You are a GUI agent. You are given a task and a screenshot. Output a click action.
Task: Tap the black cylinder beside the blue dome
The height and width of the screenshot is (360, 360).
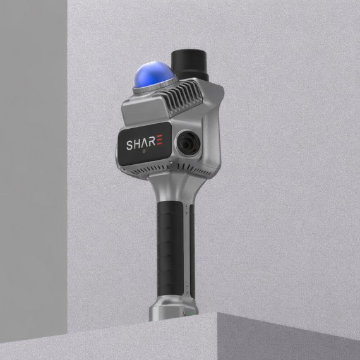click(x=189, y=65)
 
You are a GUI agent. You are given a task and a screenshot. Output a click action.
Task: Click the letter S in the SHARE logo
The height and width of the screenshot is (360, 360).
click(x=129, y=145)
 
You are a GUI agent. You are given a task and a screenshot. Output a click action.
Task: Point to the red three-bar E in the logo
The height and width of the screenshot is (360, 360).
click(x=159, y=140)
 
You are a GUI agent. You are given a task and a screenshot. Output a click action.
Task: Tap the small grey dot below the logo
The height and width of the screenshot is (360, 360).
click(x=144, y=152)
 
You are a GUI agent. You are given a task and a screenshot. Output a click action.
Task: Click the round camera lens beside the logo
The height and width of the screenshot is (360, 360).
click(x=188, y=144)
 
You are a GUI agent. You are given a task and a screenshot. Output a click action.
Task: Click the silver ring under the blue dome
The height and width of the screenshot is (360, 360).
click(x=154, y=87)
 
